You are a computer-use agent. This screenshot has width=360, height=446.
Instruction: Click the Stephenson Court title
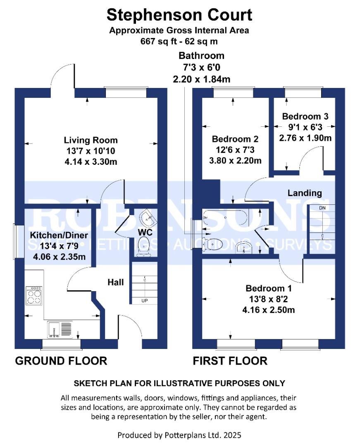pos(179,15)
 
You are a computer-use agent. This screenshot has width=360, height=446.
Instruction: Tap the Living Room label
pos(91,140)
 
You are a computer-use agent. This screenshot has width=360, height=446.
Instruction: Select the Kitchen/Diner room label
pos(59,235)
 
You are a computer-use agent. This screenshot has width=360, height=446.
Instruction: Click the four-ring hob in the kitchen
pos(34,296)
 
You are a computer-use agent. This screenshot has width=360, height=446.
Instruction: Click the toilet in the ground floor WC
pos(143,247)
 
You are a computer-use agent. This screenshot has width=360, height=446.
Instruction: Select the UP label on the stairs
pos(145,300)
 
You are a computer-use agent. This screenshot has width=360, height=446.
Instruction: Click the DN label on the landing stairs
pos(322,208)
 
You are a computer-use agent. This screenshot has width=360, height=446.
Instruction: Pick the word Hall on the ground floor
pos(116,282)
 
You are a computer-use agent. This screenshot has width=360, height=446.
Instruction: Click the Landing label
pos(305,193)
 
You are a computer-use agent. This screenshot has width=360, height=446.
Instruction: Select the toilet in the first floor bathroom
pos(212,244)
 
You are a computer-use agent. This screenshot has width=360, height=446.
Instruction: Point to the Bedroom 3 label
pos(305,116)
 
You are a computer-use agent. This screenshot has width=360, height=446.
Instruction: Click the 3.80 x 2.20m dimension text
pos(235,161)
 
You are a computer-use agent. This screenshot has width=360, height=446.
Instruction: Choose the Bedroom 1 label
pos(268,288)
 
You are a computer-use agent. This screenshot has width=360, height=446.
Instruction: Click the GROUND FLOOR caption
pos(61,361)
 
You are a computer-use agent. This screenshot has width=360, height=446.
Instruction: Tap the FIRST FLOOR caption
pos(230,361)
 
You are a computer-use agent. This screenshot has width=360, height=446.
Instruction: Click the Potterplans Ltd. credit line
pos(179,435)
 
